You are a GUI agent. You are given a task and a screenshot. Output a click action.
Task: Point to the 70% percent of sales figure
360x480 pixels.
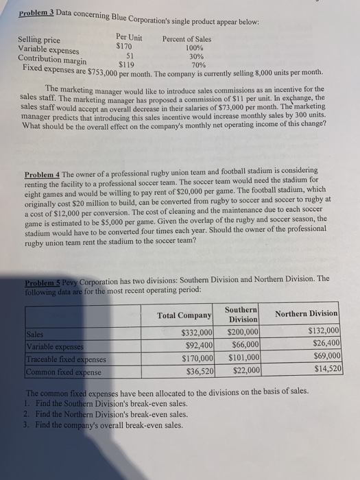198,65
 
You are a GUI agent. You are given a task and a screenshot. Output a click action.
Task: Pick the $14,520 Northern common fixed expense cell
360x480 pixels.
325,368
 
